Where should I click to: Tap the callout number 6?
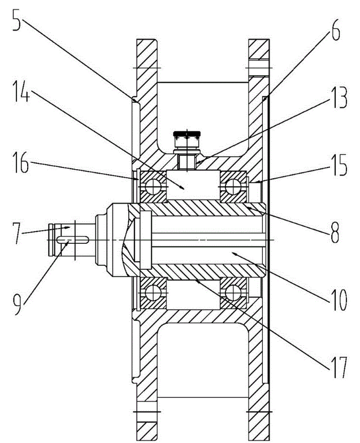click(x=335, y=32)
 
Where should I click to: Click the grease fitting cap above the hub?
click(x=186, y=135)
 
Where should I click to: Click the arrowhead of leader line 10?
click(x=238, y=255)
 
